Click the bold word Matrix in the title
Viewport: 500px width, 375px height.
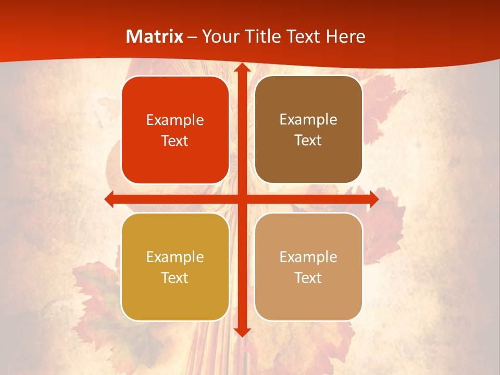[155, 36]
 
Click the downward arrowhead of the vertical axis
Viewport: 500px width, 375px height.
[242, 332]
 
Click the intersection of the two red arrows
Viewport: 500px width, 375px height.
[242, 199]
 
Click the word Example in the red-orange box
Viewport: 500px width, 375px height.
[175, 120]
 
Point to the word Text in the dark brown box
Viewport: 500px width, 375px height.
[308, 141]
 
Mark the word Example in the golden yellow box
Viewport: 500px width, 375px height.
[175, 257]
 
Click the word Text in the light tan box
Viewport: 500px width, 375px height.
[308, 278]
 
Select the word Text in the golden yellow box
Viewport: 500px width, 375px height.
[175, 278]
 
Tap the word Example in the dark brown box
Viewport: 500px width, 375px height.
[308, 120]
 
